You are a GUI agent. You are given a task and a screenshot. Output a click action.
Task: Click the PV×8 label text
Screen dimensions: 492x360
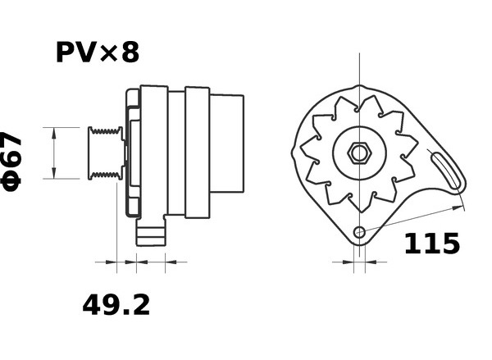[98, 52]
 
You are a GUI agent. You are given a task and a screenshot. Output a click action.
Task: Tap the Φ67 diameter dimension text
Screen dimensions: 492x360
[11, 161]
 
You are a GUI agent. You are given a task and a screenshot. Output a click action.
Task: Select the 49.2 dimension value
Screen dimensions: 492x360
[116, 305]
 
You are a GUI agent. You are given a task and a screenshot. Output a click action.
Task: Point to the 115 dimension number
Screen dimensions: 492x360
[432, 244]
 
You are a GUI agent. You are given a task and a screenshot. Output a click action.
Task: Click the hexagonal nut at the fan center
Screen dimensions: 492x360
[360, 153]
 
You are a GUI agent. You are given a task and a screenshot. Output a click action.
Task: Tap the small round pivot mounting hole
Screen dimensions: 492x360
[360, 233]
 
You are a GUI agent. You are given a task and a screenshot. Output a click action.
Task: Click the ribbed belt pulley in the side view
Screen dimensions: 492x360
[106, 153]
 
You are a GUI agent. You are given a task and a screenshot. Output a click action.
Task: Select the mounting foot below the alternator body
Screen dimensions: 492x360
[151, 232]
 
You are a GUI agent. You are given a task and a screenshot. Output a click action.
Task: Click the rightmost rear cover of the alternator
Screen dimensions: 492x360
[226, 144]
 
